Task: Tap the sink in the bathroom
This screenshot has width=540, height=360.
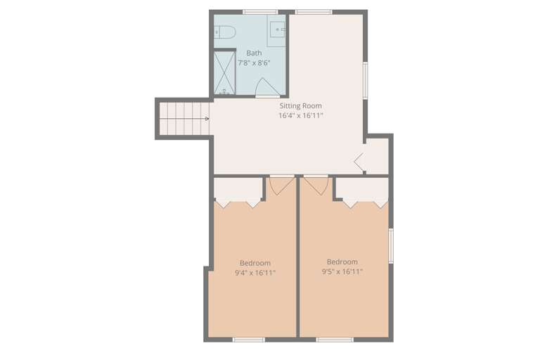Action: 278,30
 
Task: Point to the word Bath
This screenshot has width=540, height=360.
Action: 254,53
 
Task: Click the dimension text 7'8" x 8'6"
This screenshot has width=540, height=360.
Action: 254,63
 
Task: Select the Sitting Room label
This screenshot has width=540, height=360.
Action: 300,106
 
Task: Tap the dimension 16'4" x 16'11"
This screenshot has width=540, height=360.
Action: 300,116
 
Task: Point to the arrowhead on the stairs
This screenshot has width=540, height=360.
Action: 207,120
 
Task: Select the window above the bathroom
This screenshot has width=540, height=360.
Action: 260,11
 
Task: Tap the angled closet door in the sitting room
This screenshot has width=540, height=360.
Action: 359,162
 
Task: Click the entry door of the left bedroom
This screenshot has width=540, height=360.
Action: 281,184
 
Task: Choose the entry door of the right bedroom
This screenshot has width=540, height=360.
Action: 316,184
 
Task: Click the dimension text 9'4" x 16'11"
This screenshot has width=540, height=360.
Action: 255,273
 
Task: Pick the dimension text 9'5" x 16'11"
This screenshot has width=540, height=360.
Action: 342,271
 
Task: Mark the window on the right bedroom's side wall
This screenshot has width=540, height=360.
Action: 392,245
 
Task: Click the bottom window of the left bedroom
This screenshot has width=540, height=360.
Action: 249,340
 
